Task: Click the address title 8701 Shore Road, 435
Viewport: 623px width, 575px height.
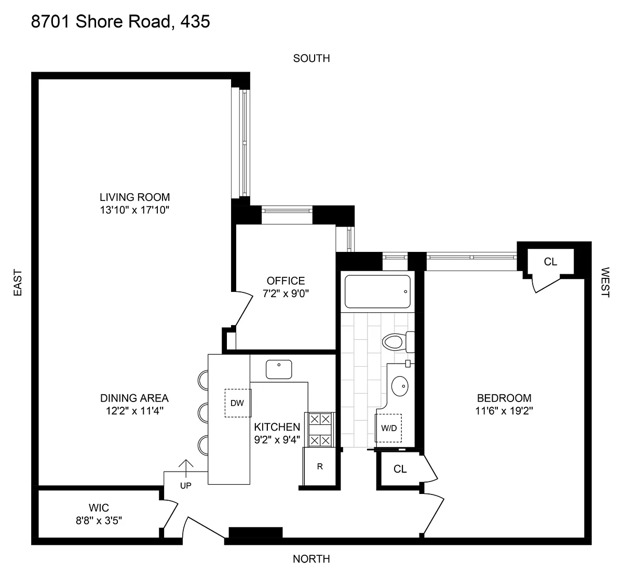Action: pos(120,22)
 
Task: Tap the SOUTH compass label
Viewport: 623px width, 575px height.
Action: pos(311,58)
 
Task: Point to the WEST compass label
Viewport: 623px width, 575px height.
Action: pos(605,282)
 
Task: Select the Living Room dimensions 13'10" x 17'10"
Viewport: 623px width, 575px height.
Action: pos(134,210)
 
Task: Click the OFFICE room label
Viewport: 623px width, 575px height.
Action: pos(286,280)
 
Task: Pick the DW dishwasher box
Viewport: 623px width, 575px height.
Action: pos(238,403)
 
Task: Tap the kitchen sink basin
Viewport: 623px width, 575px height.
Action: pos(279,369)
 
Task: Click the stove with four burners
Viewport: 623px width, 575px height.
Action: pos(320,430)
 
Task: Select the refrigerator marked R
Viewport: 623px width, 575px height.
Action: pos(320,466)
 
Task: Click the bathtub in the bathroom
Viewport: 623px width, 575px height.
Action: pos(377,291)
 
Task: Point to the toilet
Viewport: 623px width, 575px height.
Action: pos(398,342)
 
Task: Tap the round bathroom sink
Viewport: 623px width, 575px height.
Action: pos(400,386)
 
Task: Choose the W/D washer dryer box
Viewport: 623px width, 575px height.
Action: pos(389,428)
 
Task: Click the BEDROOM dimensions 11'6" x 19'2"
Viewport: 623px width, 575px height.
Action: pos(504,411)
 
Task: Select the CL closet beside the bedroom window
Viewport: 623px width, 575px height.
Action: pos(550,262)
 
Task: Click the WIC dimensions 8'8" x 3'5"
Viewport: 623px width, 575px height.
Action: pos(99,520)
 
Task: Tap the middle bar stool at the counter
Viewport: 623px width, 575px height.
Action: pos(203,413)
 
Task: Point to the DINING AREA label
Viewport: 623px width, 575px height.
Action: pos(134,398)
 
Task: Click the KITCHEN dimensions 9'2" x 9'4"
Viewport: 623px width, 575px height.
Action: pos(277,440)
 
